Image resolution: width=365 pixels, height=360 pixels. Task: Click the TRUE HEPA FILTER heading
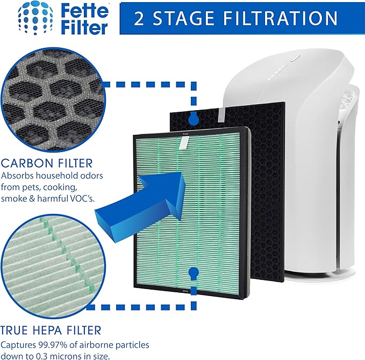(51, 329)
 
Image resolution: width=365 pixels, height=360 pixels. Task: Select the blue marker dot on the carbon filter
(194, 118)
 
